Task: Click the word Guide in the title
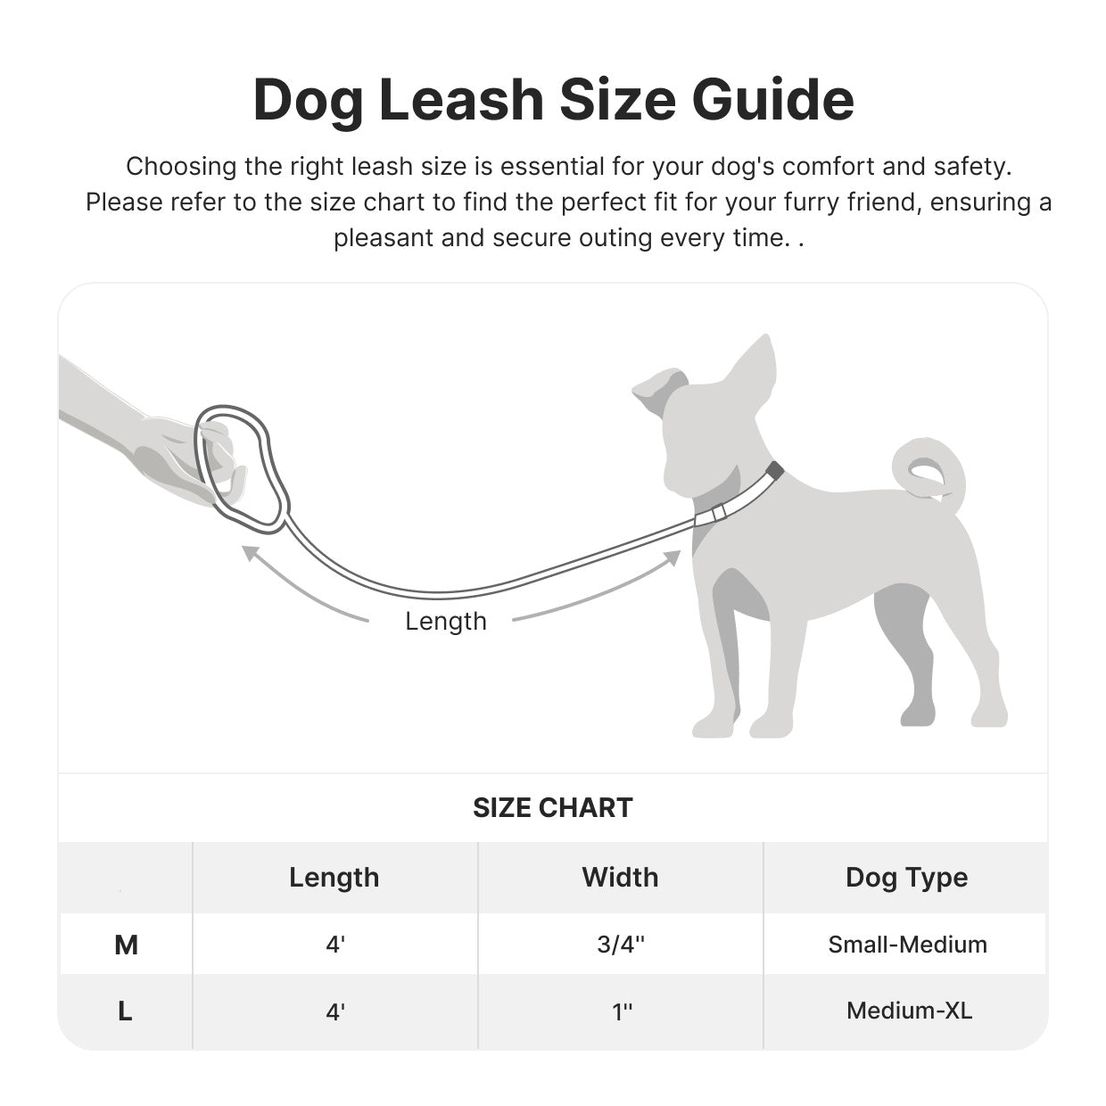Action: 772,100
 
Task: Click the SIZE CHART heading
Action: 552,808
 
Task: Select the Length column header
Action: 334,878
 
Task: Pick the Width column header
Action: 620,878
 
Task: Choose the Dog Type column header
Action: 906,878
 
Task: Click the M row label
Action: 126,945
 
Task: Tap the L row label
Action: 125,1011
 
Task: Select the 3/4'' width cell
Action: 621,945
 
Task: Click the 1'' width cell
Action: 622,1011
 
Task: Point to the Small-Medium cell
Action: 907,945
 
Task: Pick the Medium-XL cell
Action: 909,1011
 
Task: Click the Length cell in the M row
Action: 335,945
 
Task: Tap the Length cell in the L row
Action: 335,1011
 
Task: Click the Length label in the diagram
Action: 446,621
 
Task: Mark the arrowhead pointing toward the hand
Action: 251,554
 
